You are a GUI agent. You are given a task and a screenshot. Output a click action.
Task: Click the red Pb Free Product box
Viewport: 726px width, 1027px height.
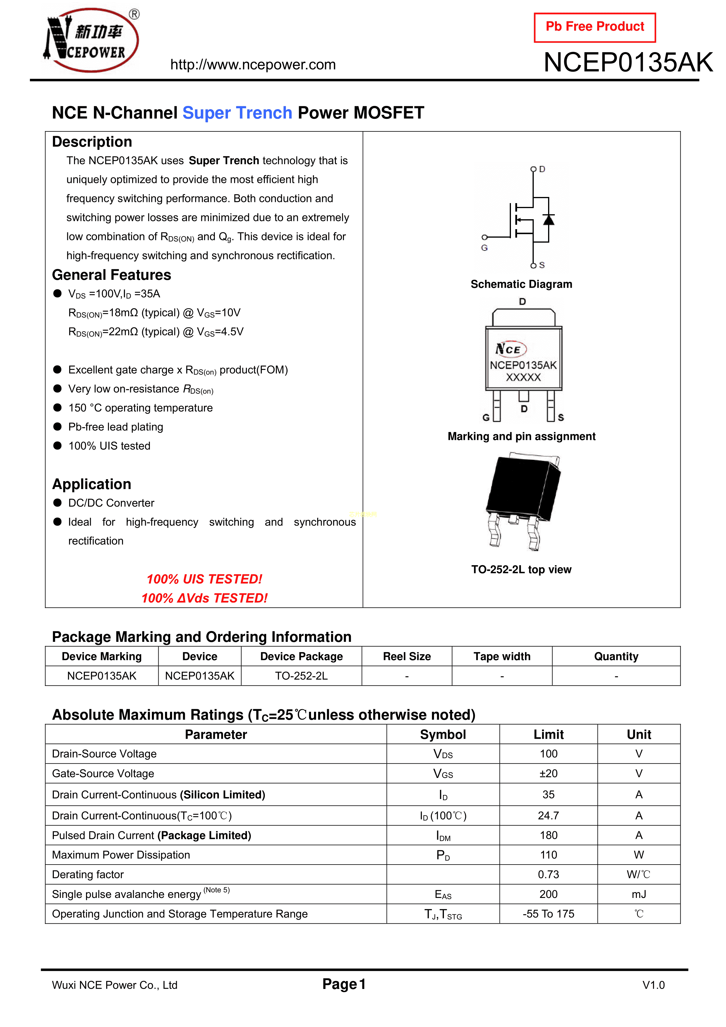click(595, 27)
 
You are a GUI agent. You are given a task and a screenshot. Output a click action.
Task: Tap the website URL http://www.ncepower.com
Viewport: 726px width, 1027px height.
click(253, 65)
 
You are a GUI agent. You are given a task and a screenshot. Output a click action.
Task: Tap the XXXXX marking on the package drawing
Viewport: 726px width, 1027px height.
click(524, 378)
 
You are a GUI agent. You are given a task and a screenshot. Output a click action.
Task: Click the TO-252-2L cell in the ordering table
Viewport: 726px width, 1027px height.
click(301, 676)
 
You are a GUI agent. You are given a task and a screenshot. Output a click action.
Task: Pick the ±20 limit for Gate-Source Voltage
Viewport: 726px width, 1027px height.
click(548, 773)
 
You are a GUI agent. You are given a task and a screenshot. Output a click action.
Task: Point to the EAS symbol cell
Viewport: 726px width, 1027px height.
click(443, 895)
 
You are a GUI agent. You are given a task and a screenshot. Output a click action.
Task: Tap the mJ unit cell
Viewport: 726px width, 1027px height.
click(639, 894)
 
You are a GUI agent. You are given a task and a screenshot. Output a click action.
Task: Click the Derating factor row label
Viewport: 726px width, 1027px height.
click(88, 875)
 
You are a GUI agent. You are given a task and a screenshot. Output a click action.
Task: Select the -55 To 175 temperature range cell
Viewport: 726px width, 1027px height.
click(548, 914)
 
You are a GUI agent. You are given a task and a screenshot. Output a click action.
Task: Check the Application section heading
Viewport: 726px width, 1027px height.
click(92, 484)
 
